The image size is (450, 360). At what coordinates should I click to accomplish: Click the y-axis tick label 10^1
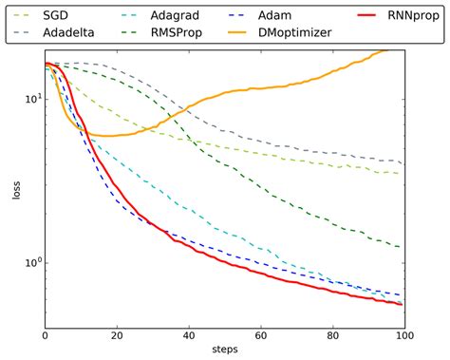(x=28, y=99)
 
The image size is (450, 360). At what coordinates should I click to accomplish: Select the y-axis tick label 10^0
(x=28, y=263)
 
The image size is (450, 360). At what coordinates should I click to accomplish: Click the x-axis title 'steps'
(x=224, y=351)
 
